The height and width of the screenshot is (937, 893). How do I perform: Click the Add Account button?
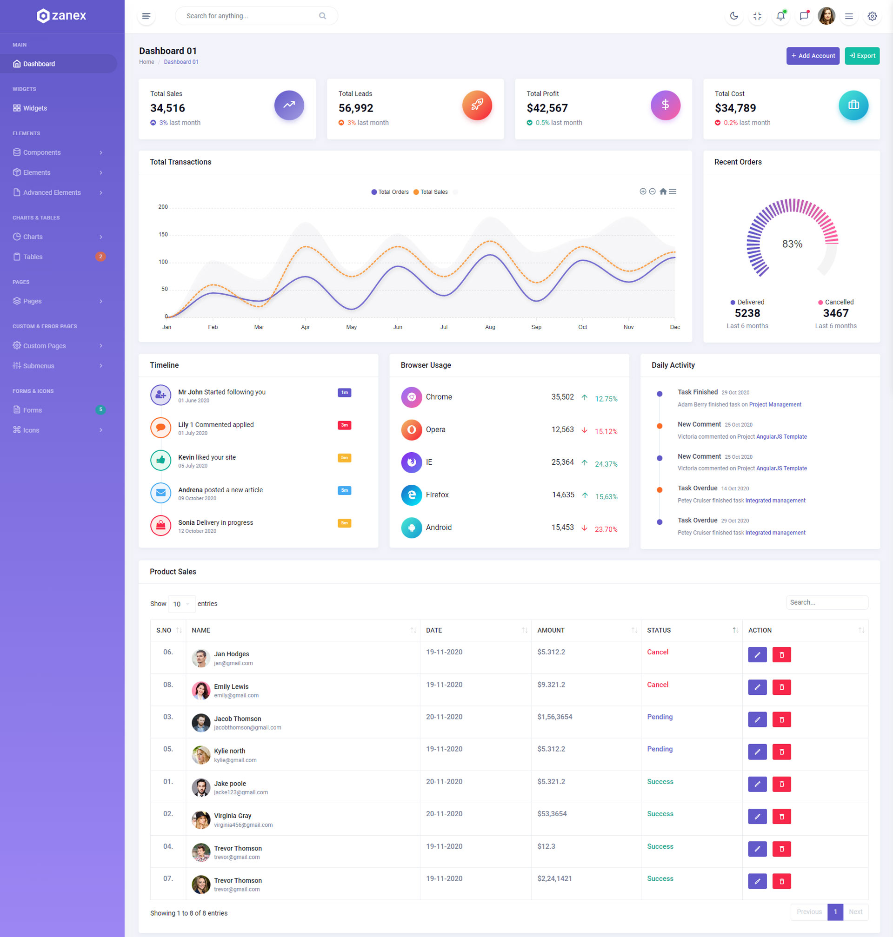[813, 56]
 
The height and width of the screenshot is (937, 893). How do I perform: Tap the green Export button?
[861, 56]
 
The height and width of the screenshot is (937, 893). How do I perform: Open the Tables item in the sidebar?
[33, 257]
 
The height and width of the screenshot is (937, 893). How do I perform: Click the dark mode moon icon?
[733, 16]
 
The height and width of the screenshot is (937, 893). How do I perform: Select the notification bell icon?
[780, 16]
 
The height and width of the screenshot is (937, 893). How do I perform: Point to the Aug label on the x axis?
[490, 327]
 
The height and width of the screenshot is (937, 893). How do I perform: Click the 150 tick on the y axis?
[163, 235]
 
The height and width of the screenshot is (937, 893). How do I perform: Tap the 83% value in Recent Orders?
[792, 244]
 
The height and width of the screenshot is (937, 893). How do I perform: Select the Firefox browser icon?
[411, 495]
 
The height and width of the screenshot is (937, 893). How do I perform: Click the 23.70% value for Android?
[606, 529]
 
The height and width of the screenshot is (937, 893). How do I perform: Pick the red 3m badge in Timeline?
[344, 425]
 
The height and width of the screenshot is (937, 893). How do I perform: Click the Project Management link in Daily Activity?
[775, 405]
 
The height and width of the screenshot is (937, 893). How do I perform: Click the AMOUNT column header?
[551, 630]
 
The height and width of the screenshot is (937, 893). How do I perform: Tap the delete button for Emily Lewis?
[781, 687]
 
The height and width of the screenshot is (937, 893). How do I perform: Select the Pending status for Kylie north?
[660, 749]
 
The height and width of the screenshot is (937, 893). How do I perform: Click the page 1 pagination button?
[835, 912]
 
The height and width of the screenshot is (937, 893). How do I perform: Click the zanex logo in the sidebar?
[61, 16]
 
